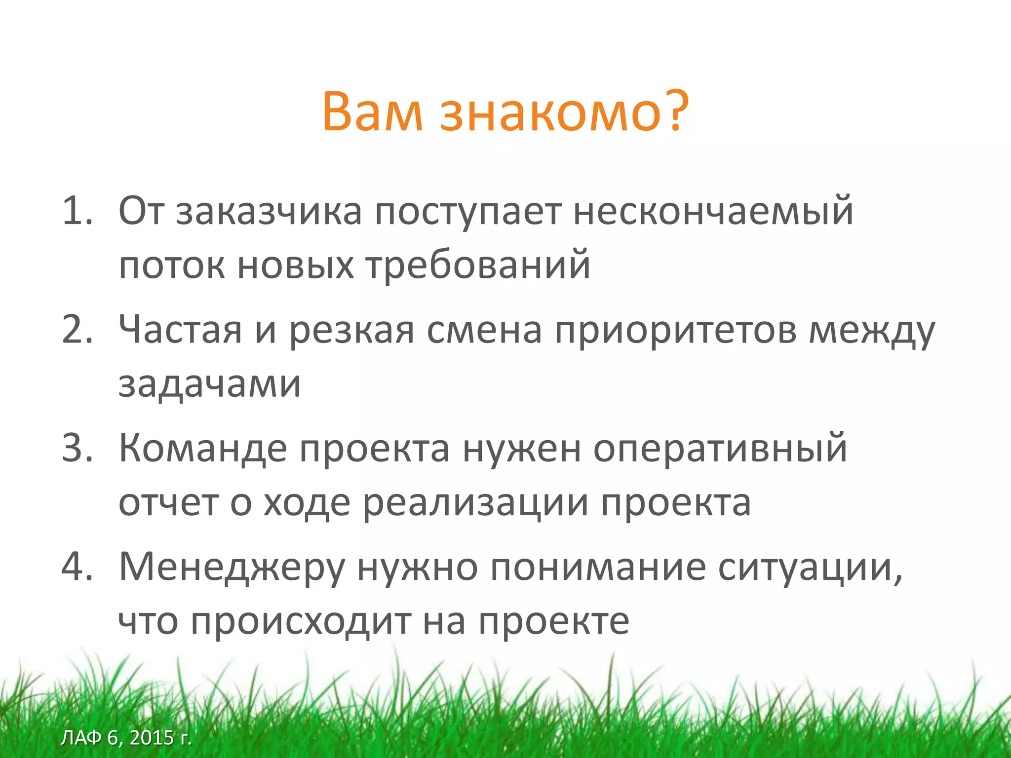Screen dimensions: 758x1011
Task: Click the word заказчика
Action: coord(269,212)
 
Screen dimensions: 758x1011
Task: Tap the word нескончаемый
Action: coord(713,212)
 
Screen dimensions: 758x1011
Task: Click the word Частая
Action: coord(180,330)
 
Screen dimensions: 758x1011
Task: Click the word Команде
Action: coord(203,449)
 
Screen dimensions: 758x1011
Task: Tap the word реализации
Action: coord(476,504)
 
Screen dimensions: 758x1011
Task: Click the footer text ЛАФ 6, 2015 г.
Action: coord(126,738)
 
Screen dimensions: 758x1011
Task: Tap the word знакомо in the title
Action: coord(550,113)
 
